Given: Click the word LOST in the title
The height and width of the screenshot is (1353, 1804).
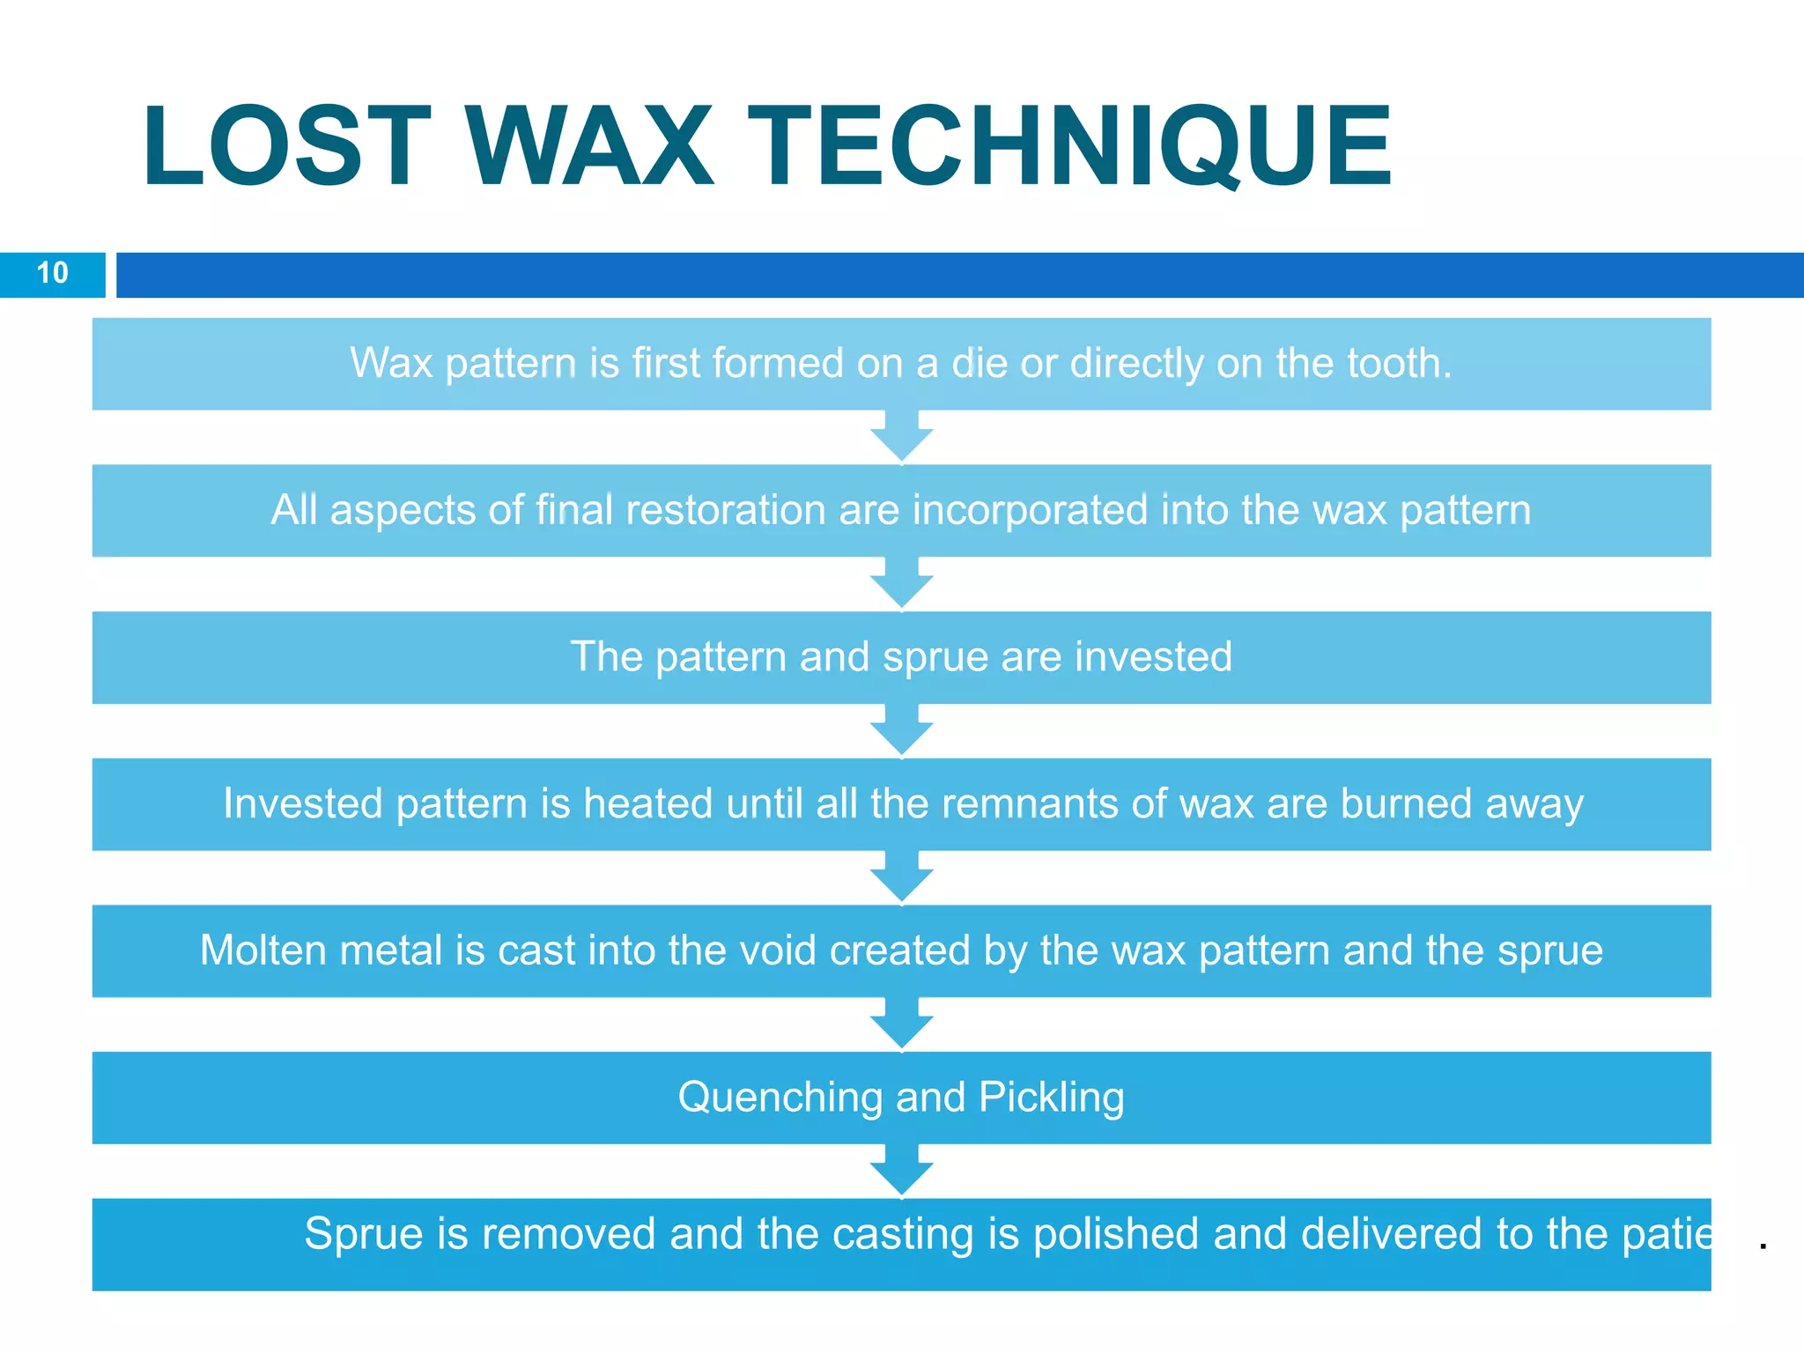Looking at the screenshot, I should pyautogui.click(x=286, y=147).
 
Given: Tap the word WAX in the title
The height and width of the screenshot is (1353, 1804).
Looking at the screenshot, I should pyautogui.click(x=589, y=147).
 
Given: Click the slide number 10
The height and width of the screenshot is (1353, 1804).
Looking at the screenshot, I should pyautogui.click(x=52, y=273).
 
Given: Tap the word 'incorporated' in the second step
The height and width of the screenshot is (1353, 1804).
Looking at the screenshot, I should pyautogui.click(x=1031, y=510).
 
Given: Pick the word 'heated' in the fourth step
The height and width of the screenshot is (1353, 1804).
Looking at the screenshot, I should pyautogui.click(x=647, y=803).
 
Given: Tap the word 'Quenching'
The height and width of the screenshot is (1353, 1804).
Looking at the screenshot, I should pyautogui.click(x=780, y=1098).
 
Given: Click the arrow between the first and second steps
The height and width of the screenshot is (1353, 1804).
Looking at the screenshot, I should pyautogui.click(x=902, y=436).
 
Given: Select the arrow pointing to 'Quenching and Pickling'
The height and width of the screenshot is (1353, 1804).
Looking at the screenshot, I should pyautogui.click(x=902, y=1024).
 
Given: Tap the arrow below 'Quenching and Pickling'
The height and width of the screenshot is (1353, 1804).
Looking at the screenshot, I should pyautogui.click(x=902, y=1171).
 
